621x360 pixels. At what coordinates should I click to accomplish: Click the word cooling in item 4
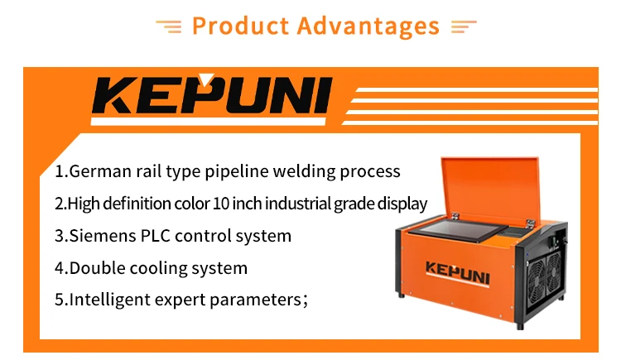tap(158, 268)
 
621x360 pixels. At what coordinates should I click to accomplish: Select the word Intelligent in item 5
tap(111, 300)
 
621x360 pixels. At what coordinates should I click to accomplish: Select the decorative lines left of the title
tap(169, 26)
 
